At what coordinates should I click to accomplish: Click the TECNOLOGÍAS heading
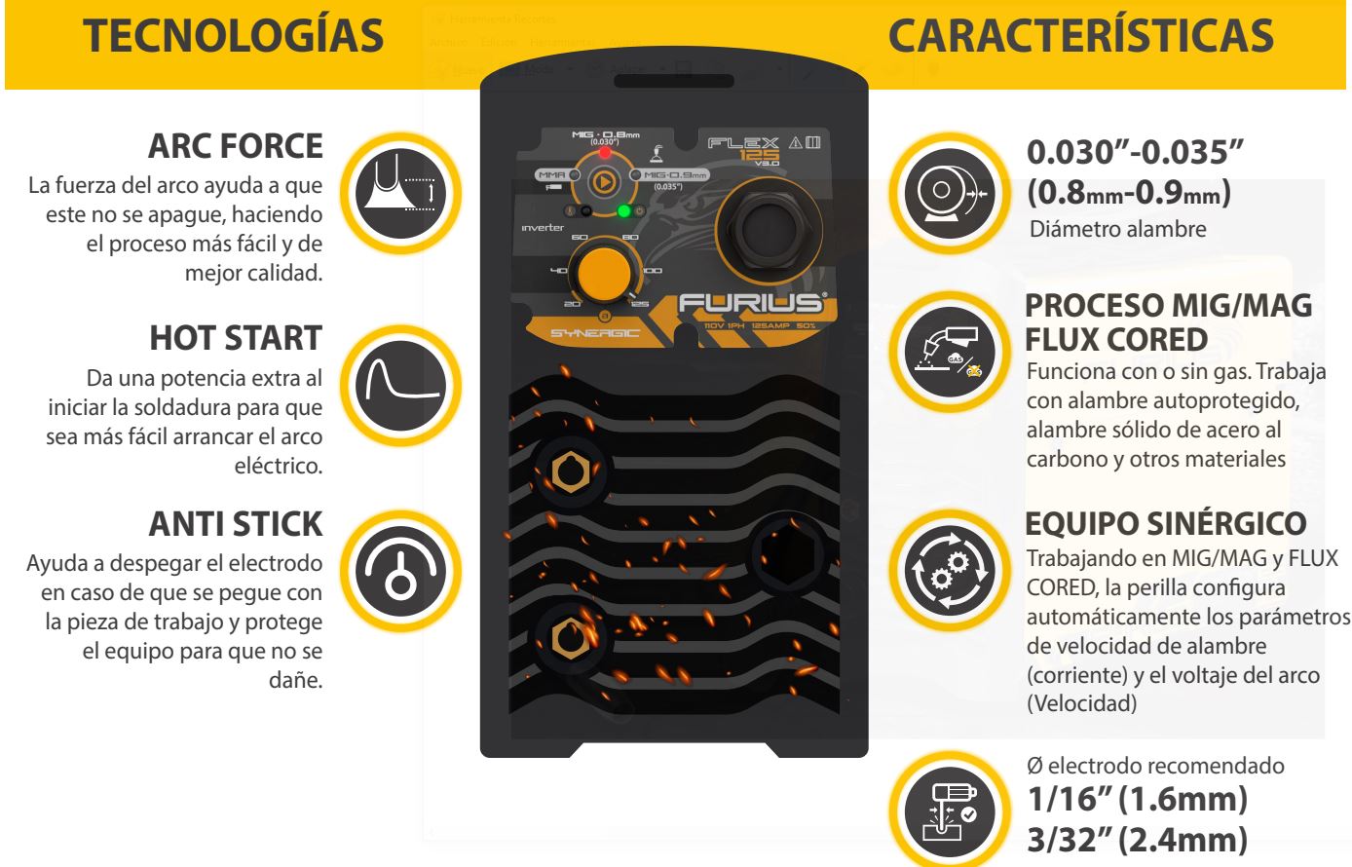click(233, 36)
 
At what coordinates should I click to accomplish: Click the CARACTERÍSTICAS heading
click(1081, 36)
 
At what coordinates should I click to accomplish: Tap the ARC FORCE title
click(235, 146)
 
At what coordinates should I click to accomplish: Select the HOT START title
click(235, 337)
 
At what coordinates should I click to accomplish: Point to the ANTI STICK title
click(235, 523)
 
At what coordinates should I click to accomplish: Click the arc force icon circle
click(402, 185)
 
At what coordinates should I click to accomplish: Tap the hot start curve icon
click(402, 378)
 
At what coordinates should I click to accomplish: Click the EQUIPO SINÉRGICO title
click(1166, 523)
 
